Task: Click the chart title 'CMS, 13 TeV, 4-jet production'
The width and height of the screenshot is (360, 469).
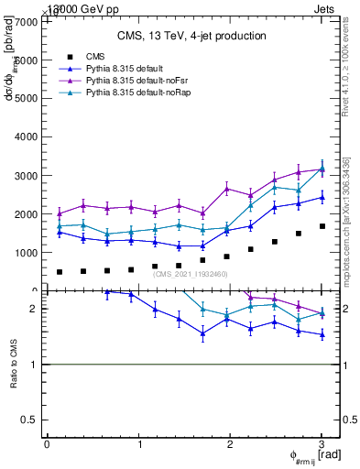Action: pyautogui.click(x=191, y=37)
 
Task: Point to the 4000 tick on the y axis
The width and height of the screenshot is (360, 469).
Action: pyautogui.click(x=26, y=136)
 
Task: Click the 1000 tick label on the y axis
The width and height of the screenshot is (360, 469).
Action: pyautogui.click(x=26, y=253)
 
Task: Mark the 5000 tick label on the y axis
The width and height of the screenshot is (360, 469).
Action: pyautogui.click(x=26, y=98)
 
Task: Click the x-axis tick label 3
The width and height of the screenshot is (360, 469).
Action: pyautogui.click(x=322, y=444)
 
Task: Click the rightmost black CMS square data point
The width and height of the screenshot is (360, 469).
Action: pyautogui.click(x=322, y=226)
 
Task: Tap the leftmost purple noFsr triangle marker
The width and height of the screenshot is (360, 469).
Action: pyautogui.click(x=60, y=213)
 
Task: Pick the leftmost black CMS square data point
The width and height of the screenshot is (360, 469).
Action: pyautogui.click(x=60, y=272)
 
